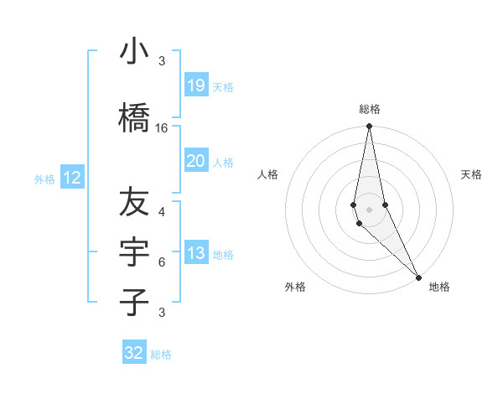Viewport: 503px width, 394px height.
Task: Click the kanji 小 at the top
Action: (134, 53)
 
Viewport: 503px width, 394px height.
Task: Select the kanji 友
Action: (134, 201)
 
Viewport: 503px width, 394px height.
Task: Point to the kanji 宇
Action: (134, 251)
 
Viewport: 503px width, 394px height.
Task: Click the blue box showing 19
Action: (195, 86)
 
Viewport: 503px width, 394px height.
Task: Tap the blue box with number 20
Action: (195, 161)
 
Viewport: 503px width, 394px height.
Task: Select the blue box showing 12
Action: (72, 178)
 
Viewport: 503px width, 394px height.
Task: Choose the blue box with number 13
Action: (195, 254)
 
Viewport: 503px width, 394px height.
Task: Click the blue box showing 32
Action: (134, 353)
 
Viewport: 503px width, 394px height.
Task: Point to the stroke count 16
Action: (162, 128)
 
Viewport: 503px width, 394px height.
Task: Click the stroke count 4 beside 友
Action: (162, 211)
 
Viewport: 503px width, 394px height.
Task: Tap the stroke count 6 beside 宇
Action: (162, 262)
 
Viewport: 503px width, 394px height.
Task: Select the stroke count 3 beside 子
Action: (162, 313)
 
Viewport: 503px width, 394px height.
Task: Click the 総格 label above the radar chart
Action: (370, 109)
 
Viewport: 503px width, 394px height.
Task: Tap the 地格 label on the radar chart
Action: (439, 288)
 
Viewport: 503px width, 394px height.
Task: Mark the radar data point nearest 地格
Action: (418, 276)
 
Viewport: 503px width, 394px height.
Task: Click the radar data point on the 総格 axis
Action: (369, 127)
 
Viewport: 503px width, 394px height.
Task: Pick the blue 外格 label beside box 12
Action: (44, 179)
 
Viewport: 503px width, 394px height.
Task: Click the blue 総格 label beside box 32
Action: (161, 355)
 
